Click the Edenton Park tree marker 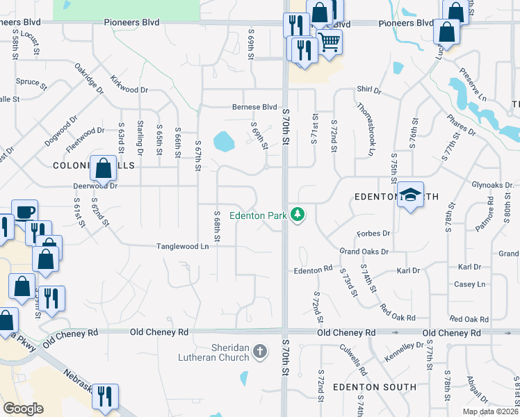[298, 214]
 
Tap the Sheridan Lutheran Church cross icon [260, 351]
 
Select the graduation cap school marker [410, 195]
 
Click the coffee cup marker [25, 212]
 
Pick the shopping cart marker [329, 42]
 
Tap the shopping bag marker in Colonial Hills [103, 168]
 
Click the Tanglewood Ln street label [182, 246]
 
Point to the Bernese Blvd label [254, 107]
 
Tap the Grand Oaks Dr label [364, 251]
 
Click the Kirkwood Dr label [129, 90]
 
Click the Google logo [23, 409]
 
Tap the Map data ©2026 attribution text [489, 411]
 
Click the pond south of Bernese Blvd [223, 142]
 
